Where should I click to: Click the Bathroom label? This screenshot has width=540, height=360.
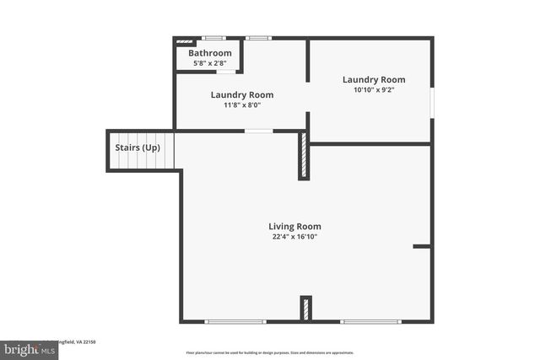click(209, 53)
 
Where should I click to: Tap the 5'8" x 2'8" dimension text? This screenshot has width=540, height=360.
click(209, 63)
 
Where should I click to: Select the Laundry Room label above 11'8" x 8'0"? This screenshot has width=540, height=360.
click(241, 94)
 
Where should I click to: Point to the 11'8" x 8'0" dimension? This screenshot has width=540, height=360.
click(241, 105)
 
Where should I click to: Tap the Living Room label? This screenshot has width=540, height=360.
click(294, 226)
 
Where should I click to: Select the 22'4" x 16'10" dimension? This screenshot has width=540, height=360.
click(294, 237)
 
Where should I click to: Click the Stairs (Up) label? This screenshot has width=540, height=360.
click(137, 148)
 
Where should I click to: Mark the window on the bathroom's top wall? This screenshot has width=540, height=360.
click(214, 38)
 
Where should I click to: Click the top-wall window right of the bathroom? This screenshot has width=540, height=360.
click(257, 38)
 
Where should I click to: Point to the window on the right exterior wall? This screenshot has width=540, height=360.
click(432, 102)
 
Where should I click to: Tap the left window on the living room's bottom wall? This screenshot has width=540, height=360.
click(235, 321)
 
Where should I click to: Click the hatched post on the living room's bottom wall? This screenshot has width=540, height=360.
click(306, 308)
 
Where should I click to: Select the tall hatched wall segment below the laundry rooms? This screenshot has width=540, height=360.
click(304, 157)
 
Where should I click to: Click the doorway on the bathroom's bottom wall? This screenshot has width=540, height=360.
click(225, 72)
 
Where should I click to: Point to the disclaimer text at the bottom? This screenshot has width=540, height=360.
click(270, 353)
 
